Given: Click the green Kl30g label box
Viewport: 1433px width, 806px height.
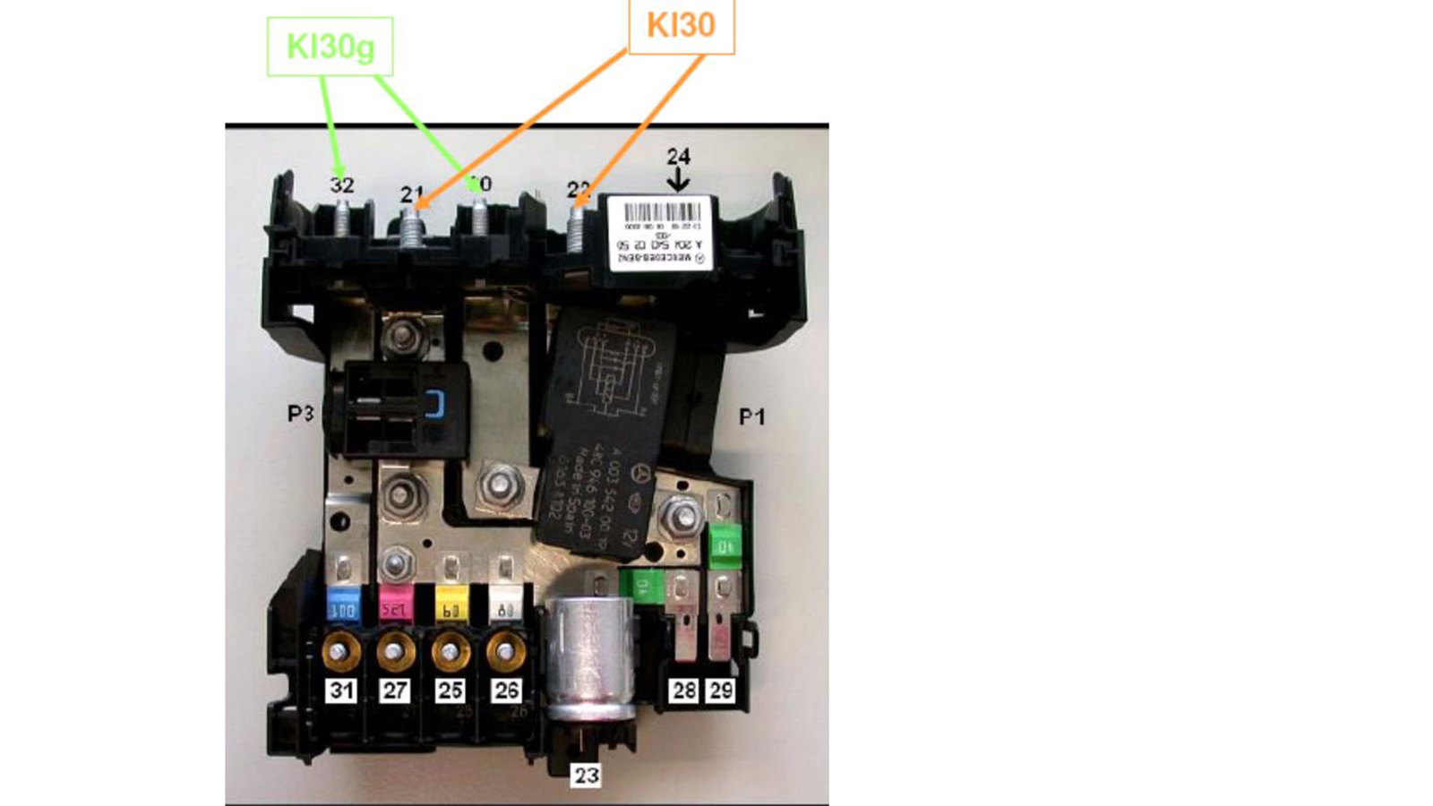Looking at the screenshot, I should coord(330,47).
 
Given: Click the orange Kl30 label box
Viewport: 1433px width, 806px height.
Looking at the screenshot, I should coord(681,26).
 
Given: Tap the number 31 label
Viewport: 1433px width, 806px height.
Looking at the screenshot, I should coord(340,690).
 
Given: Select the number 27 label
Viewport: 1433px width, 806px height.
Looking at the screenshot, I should coord(395,690).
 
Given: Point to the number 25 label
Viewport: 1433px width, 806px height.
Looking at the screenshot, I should coord(450,690).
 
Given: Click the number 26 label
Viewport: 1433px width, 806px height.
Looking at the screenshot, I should coord(506,690).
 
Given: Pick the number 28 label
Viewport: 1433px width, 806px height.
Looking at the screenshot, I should coord(684,690).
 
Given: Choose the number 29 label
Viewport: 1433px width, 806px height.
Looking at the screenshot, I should coord(721,690).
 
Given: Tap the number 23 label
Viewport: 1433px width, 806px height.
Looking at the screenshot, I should coord(587,775).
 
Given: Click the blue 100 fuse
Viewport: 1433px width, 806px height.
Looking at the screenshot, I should coord(344,605).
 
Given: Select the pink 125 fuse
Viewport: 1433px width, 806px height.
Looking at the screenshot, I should coord(396,605).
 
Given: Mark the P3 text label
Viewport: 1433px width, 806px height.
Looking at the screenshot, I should coord(301,414).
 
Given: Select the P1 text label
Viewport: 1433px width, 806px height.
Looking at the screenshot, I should coord(751,416).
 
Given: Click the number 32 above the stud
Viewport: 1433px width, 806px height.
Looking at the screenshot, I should coord(342,185).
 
